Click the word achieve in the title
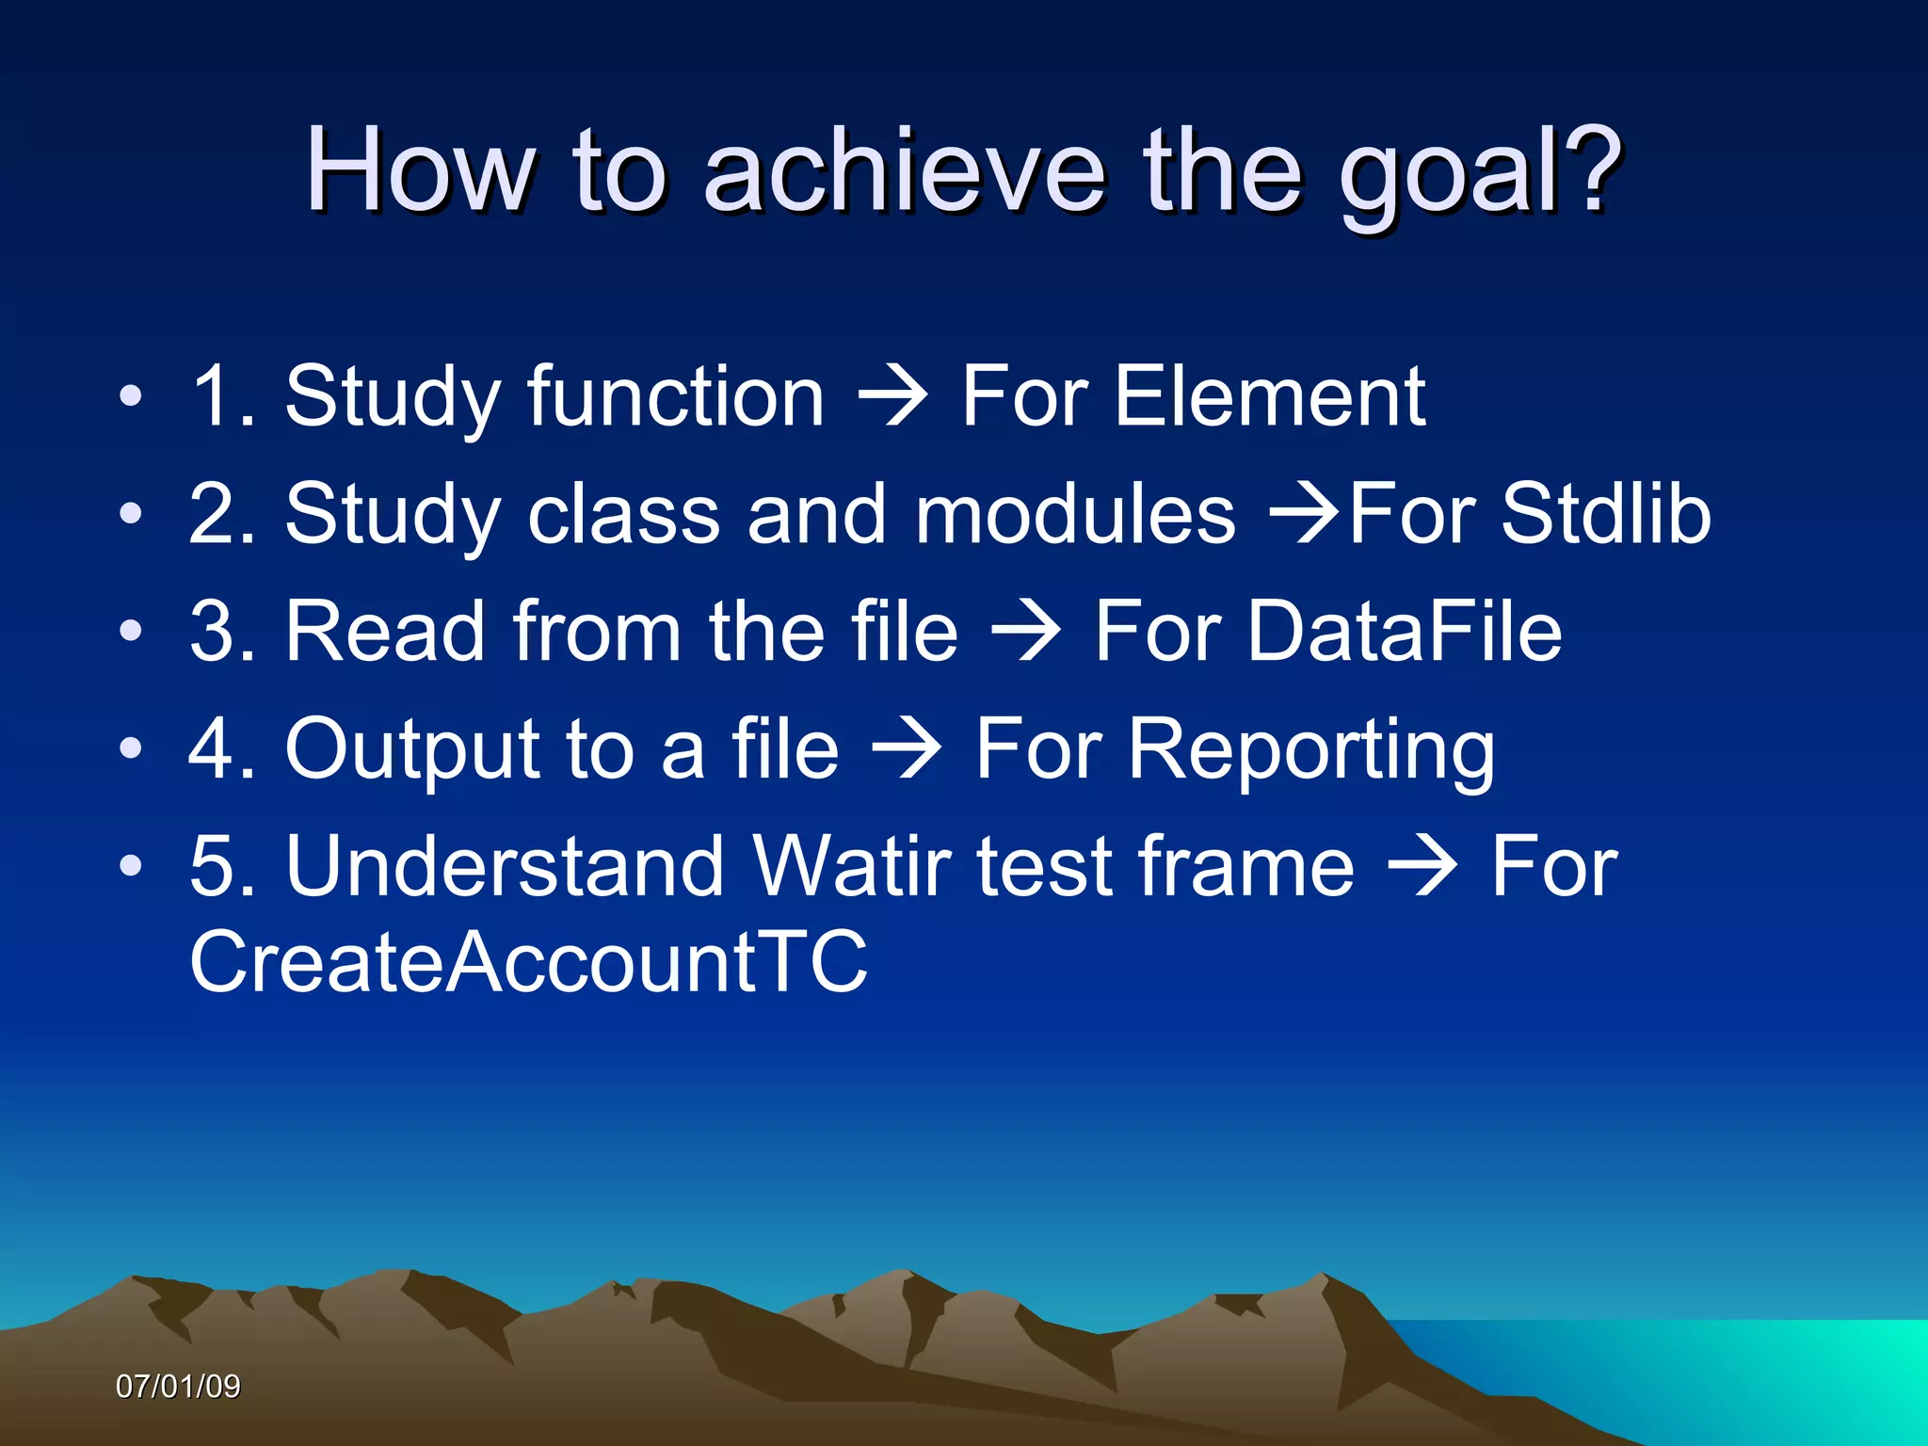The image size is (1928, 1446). coord(904,171)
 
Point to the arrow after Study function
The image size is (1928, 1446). coord(892,398)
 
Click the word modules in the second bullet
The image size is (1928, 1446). coord(1074,514)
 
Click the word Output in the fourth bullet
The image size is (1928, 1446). coord(412,749)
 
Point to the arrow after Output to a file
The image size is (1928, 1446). coord(907,750)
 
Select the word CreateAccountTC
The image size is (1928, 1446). coord(528,961)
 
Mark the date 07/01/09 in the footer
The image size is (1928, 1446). coord(178,1387)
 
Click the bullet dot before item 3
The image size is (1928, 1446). coord(131,632)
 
